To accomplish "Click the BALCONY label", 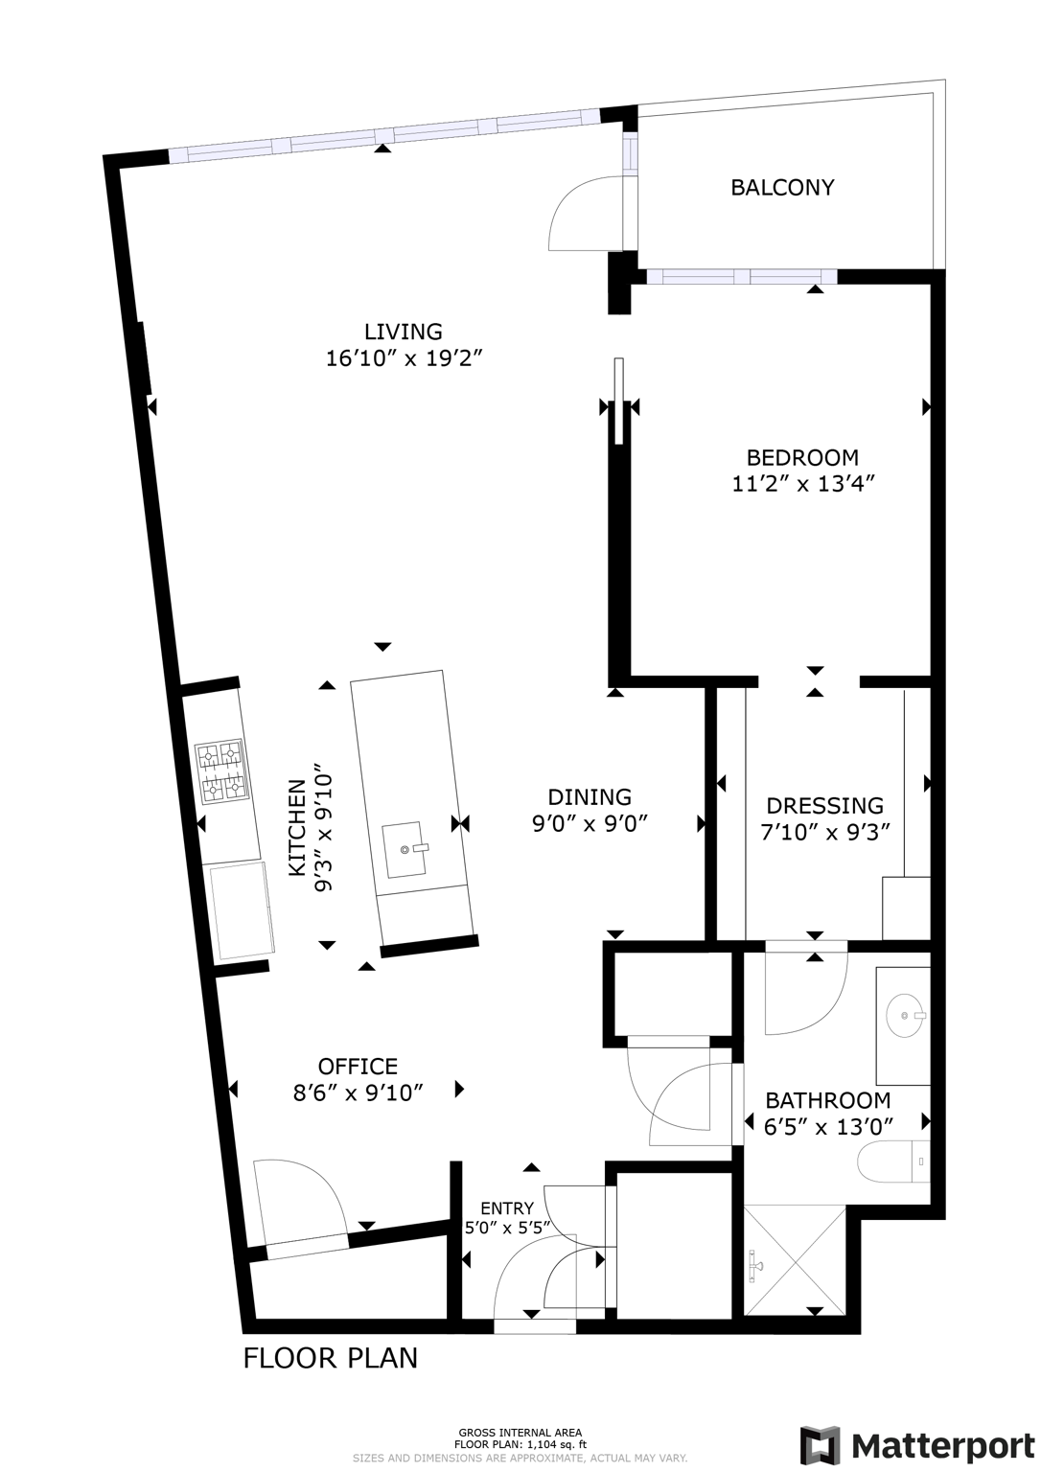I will (782, 188).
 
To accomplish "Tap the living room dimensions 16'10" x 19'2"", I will (403, 359).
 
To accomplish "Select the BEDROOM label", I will (802, 457).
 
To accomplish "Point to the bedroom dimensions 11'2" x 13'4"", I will (803, 484).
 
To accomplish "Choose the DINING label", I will (590, 796).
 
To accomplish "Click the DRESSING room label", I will (824, 806).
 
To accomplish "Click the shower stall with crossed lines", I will (795, 1262).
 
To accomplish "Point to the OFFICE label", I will (358, 1067).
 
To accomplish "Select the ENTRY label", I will (506, 1208).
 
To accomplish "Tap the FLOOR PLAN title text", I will (330, 1358).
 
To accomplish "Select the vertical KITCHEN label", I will (297, 827).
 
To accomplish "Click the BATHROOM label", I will (827, 1100).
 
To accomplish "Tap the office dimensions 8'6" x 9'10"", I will (358, 1092).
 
